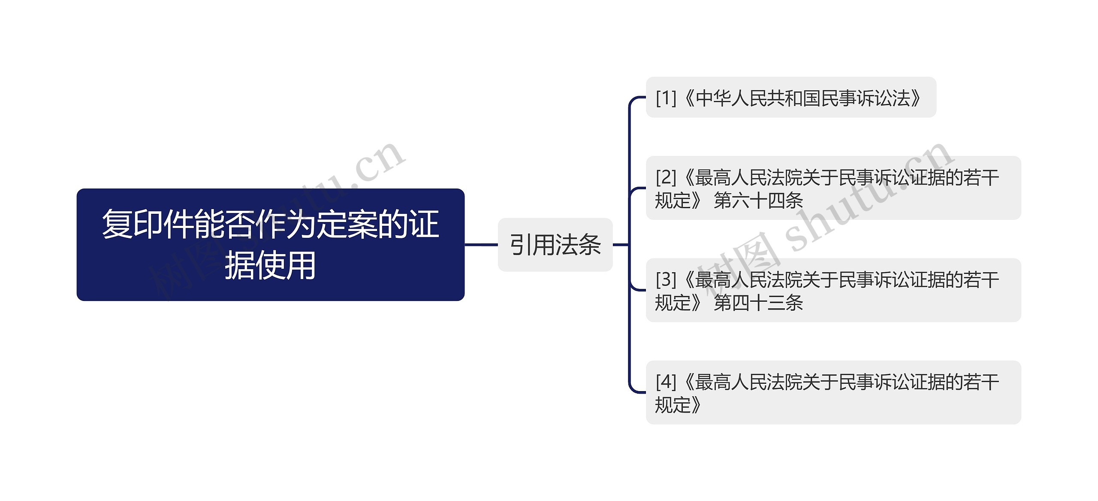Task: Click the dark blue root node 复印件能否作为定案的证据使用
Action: (x=270, y=244)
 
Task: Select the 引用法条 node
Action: (x=555, y=245)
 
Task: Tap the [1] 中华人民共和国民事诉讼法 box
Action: (x=790, y=97)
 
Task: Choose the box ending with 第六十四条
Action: (x=833, y=188)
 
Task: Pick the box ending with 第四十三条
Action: (x=833, y=290)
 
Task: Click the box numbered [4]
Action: (x=833, y=392)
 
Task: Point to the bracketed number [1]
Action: (x=666, y=98)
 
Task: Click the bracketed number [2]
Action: (x=666, y=177)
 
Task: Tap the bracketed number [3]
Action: (x=666, y=279)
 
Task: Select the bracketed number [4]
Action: (x=666, y=382)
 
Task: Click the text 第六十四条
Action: (x=758, y=200)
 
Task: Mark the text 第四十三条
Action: (x=758, y=303)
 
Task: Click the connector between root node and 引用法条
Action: (x=481, y=245)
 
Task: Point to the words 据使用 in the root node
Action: (x=270, y=266)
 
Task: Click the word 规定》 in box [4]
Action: (x=678, y=405)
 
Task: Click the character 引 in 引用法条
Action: (x=521, y=245)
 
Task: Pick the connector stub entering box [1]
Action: (x=638, y=98)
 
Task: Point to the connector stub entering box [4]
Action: (x=638, y=392)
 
